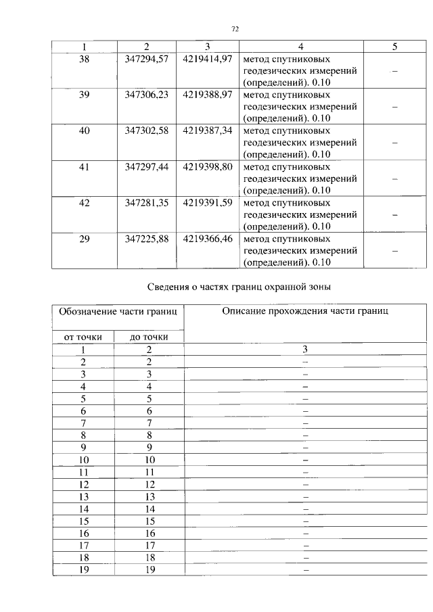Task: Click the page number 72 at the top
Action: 235,28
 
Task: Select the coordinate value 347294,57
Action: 147,59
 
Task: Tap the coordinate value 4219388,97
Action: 208,95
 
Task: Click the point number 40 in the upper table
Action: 84,131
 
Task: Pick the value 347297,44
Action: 147,166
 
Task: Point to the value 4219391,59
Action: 208,202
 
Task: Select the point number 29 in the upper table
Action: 84,239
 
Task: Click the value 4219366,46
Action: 208,239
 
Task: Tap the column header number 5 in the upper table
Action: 394,47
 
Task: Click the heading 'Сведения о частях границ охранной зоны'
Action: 239,287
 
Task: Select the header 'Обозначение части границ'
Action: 118,312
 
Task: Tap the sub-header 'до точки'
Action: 150,336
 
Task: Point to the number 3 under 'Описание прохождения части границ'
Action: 305,349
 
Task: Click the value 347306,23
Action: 147,95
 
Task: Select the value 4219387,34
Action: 208,131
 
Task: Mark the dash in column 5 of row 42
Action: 394,214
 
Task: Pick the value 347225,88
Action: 147,239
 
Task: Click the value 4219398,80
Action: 208,166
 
